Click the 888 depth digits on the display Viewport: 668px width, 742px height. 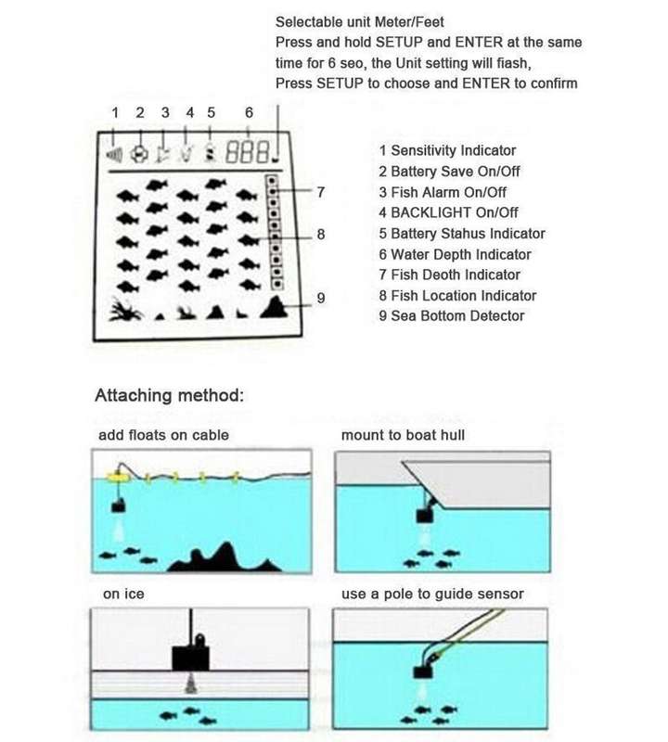point(247,152)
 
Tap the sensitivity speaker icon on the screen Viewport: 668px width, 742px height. point(114,154)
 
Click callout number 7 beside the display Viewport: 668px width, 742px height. point(321,192)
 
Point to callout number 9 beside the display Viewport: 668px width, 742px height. point(321,298)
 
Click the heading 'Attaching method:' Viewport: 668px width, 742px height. point(170,395)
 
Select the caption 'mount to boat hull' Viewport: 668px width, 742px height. point(403,435)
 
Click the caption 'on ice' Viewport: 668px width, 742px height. point(123,594)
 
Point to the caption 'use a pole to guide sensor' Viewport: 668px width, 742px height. point(432,595)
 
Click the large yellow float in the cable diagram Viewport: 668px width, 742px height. point(116,478)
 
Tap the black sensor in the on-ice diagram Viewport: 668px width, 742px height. point(191,656)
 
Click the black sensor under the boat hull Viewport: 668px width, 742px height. point(425,514)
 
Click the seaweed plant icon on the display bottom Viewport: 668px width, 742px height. point(125,310)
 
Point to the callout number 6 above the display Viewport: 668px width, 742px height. point(249,112)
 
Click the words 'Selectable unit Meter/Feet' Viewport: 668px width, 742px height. point(360,22)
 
